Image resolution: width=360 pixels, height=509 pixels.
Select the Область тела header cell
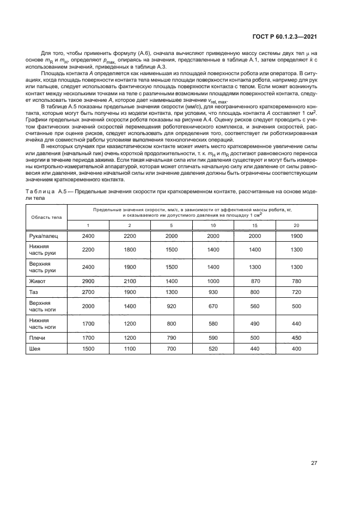46,217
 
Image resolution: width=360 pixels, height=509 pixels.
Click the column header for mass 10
213,225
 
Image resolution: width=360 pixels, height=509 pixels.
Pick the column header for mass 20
297,225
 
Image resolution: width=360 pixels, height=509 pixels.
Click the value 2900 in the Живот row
88,281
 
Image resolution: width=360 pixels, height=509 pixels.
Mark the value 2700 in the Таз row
88,292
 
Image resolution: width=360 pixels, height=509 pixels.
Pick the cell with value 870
255,281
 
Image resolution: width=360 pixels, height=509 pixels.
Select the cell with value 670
213,306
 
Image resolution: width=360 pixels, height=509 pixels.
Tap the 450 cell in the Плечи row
297,338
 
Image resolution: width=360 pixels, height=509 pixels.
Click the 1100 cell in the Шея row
130,348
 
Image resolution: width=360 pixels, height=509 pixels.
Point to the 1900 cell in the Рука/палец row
297,237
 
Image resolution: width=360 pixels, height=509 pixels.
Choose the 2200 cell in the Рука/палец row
130,237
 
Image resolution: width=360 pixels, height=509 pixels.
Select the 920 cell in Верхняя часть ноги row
172,306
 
